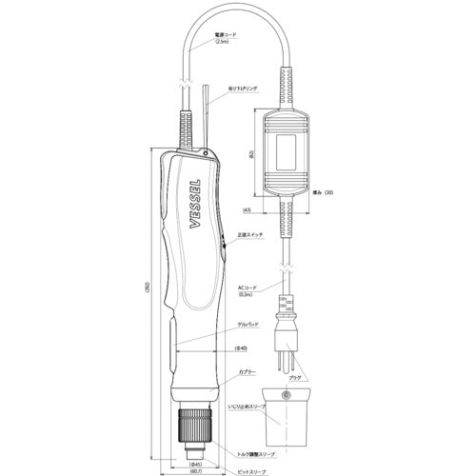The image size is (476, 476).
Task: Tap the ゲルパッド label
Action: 249,326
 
